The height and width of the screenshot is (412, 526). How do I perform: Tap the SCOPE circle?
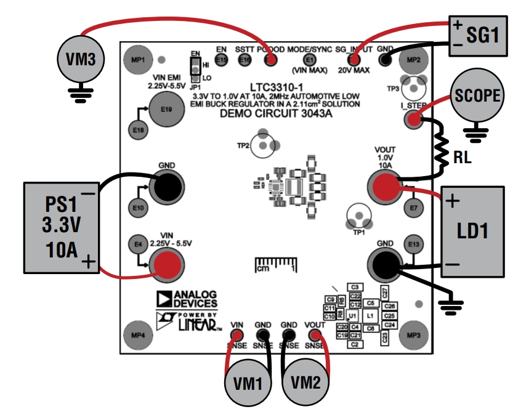476,96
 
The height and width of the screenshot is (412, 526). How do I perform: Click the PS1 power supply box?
60,227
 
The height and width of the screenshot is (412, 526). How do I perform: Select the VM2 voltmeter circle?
306,382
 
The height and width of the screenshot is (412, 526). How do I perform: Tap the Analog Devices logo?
187,299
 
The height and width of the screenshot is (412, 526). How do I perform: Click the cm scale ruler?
276,266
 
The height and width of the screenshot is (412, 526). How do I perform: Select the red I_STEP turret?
413,121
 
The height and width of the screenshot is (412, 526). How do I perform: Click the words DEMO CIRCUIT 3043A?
272,113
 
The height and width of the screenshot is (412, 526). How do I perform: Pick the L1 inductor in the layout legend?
370,315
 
